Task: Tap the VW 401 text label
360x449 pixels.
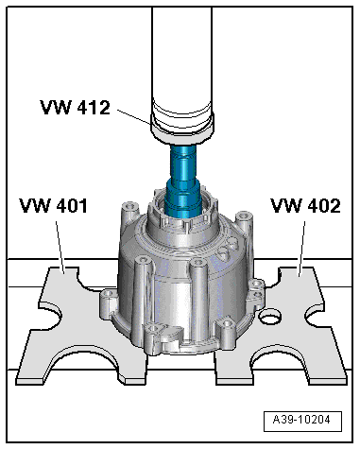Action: (x=53, y=204)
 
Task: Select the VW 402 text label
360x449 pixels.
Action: (x=305, y=204)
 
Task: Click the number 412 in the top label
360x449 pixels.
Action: (x=96, y=106)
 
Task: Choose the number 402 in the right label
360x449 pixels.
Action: (x=322, y=204)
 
